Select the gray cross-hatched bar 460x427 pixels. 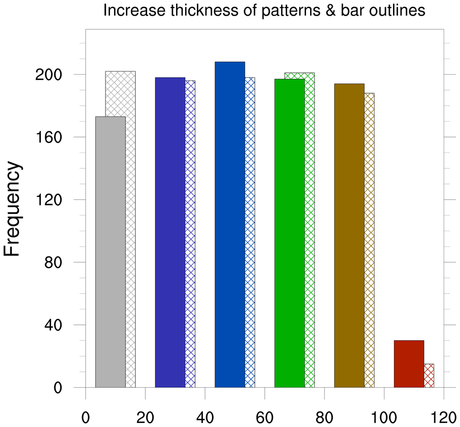130,226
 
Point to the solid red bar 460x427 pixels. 409,364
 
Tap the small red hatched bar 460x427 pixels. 429,375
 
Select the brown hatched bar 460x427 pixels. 369,240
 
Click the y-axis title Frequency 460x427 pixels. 13,209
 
